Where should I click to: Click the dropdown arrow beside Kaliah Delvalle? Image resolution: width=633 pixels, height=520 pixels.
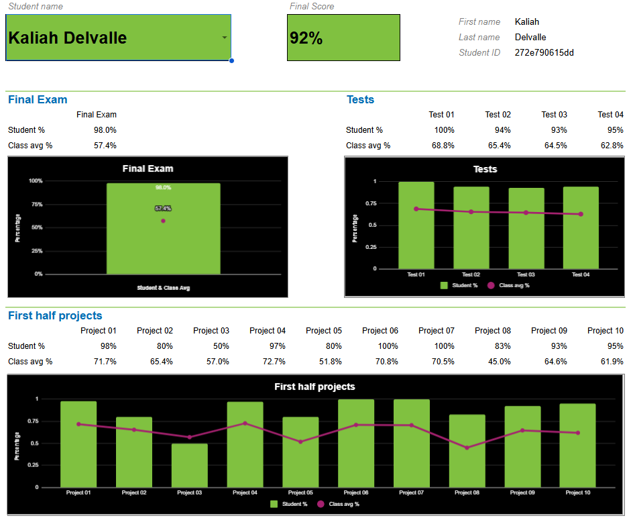click(x=225, y=38)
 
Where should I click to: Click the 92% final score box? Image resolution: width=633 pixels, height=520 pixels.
click(x=343, y=38)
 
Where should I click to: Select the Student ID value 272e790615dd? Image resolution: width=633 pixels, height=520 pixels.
click(x=544, y=52)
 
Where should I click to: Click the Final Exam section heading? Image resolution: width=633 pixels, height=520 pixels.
click(x=38, y=99)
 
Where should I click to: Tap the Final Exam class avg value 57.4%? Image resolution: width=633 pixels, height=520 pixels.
click(x=105, y=146)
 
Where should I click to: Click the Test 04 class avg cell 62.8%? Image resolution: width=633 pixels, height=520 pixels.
click(x=611, y=146)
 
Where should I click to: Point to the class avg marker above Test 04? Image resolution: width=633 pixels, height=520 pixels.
click(x=581, y=214)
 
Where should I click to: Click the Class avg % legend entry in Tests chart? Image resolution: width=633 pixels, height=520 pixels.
click(x=510, y=286)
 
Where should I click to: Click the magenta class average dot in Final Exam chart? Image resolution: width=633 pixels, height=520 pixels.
click(x=163, y=221)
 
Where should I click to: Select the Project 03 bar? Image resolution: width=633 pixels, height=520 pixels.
click(x=190, y=465)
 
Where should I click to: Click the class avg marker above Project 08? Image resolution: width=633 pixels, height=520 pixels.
click(x=467, y=448)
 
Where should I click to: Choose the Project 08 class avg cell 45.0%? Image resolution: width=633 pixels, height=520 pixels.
click(x=498, y=362)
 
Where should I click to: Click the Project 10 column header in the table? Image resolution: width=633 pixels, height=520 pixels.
click(x=605, y=331)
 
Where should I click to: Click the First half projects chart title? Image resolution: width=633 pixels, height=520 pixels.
click(x=314, y=386)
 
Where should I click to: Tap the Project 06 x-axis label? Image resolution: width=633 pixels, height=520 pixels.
click(x=355, y=492)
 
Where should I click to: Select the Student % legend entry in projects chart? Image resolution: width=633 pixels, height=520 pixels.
click(x=290, y=504)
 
